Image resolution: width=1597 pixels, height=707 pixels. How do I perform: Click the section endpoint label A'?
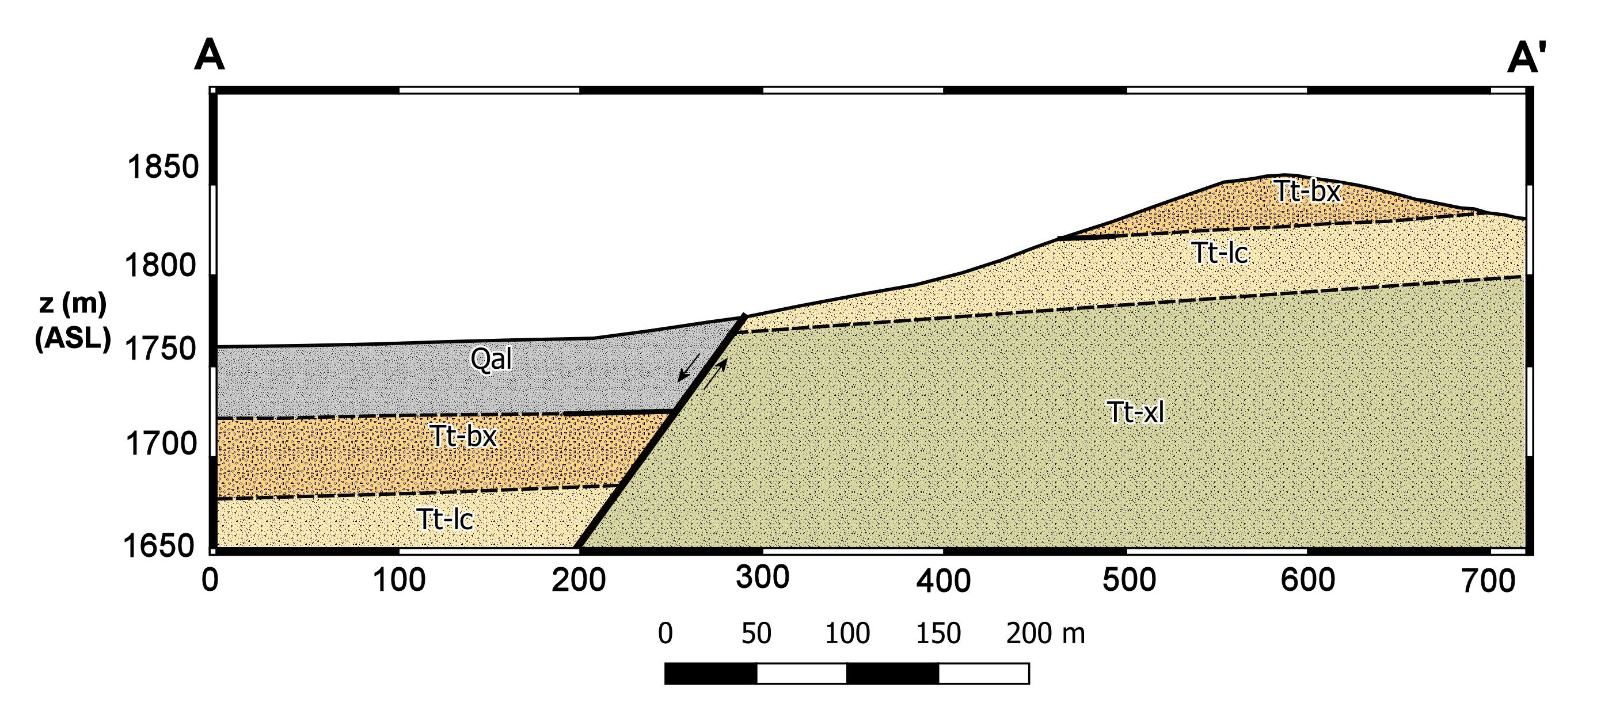click(x=1526, y=59)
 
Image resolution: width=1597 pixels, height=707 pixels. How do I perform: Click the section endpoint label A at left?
click(x=209, y=56)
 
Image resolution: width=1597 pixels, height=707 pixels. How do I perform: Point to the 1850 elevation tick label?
click(x=162, y=167)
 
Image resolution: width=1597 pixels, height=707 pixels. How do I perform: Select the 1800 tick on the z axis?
click(x=161, y=265)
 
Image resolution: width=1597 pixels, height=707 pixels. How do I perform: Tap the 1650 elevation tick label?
click(x=159, y=546)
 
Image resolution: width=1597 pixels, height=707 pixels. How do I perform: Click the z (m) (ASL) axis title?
click(x=73, y=321)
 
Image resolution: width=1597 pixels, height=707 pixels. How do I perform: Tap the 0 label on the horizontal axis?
click(x=210, y=580)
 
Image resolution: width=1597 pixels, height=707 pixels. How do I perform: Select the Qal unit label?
click(x=491, y=359)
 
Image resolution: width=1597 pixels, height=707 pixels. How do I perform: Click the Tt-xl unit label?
click(x=1135, y=412)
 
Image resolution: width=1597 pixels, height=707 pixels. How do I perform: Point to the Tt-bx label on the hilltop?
click(x=1307, y=192)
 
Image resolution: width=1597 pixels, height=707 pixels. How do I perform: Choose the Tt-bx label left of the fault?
click(x=463, y=436)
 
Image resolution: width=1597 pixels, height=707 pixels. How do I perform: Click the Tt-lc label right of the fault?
click(x=1219, y=253)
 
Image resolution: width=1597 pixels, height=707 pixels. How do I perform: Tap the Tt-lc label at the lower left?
click(x=444, y=519)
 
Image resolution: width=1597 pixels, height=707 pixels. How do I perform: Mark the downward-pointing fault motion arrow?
click(x=689, y=367)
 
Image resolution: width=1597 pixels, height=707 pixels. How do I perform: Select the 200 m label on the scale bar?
click(x=1045, y=633)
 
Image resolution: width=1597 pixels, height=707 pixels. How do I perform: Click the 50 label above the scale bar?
click(x=756, y=633)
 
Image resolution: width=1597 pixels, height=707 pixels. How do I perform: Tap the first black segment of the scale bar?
click(x=710, y=673)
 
